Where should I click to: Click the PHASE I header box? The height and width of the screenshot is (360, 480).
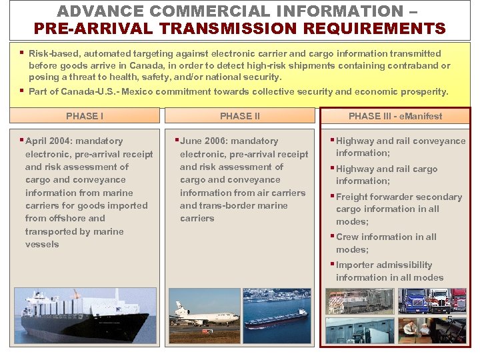85,116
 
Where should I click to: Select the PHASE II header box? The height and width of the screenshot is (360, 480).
240,116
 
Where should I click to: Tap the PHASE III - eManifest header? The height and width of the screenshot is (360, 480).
395,116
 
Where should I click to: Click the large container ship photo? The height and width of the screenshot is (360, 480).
86,315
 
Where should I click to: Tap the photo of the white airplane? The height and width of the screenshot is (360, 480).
203,307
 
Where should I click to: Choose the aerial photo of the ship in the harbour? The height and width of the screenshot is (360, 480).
277,307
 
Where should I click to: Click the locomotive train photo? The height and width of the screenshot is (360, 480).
361,301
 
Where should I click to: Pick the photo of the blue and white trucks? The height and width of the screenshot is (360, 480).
432,301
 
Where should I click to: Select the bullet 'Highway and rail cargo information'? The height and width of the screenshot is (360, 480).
387,175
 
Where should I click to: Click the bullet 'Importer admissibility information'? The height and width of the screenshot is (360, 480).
389,271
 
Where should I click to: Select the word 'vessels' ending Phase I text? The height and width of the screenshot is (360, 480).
42,245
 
